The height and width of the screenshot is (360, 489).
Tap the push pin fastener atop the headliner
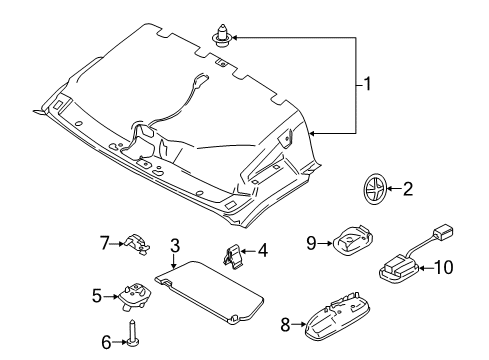(220, 39)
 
